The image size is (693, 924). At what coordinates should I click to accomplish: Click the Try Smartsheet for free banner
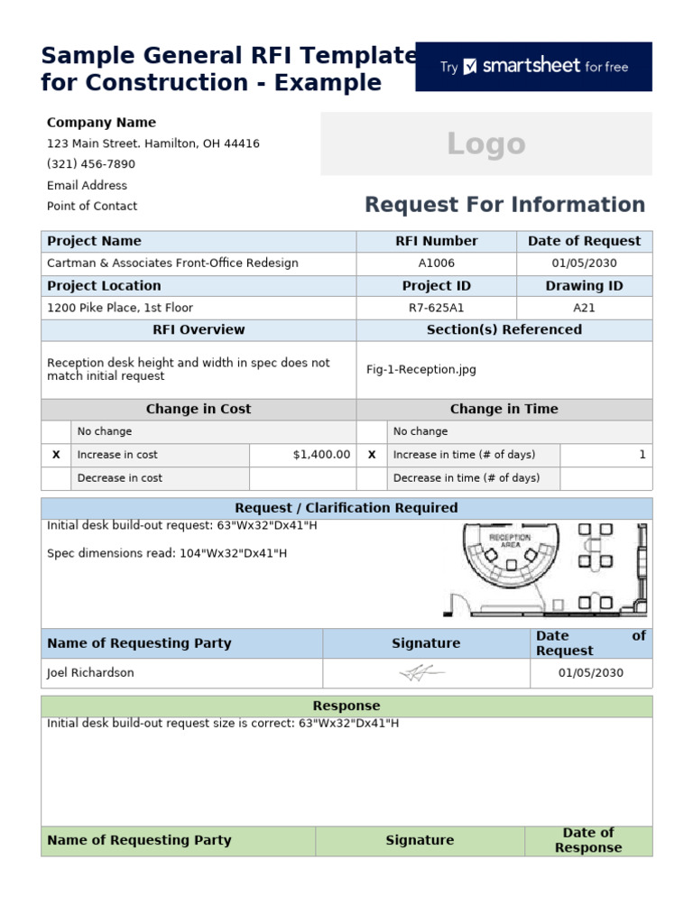(533, 67)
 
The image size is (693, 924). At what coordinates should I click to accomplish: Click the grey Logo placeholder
(485, 143)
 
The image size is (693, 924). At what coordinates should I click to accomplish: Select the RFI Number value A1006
(437, 263)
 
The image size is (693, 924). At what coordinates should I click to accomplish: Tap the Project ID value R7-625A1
(437, 308)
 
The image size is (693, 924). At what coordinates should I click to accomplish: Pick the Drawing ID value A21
(584, 308)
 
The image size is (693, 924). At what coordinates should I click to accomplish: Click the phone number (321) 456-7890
(91, 164)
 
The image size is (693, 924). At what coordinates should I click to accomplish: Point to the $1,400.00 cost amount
(321, 455)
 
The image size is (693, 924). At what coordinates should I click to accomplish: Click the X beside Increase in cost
(56, 455)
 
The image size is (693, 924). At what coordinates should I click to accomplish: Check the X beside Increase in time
(372, 455)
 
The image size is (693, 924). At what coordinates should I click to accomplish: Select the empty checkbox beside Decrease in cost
(56, 478)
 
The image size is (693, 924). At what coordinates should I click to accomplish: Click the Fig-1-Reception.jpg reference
(420, 370)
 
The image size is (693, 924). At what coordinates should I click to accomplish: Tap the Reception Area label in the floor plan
(510, 541)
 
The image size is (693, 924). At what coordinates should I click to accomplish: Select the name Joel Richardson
(90, 673)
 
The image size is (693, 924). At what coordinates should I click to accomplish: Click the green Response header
(346, 706)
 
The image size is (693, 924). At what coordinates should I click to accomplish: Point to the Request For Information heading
(504, 205)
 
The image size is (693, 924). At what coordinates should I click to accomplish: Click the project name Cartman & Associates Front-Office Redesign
(172, 263)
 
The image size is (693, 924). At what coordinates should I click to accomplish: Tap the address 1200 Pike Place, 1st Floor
(120, 308)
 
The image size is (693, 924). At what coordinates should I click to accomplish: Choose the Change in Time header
(504, 409)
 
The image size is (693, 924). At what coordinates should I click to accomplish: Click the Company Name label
(101, 123)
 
